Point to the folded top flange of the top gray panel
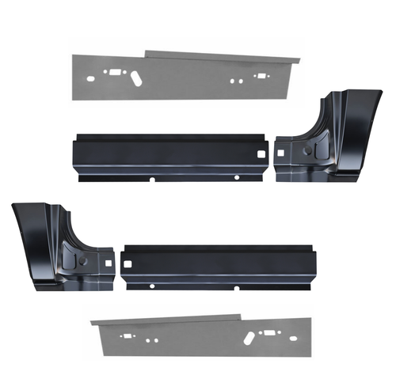(x=222, y=57)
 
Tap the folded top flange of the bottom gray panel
(x=166, y=320)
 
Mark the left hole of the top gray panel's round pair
(x=232, y=81)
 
